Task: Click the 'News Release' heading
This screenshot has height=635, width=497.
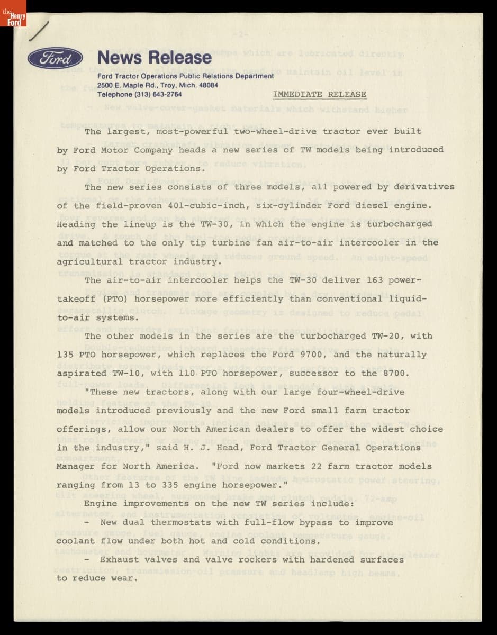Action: pyautogui.click(x=154, y=57)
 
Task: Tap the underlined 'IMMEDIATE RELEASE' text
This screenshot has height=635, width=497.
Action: pyautogui.click(x=320, y=94)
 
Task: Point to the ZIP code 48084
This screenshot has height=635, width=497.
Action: pyautogui.click(x=207, y=85)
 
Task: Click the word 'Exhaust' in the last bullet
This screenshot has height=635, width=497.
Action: pyautogui.click(x=119, y=559)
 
